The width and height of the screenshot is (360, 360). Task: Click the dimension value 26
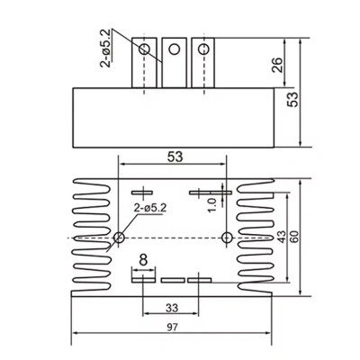pos(277,65)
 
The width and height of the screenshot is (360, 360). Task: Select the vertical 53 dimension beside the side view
pos(292,99)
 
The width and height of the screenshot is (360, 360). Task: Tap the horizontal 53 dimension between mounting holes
pos(175,157)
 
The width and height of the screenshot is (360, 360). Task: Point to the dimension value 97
pos(173,327)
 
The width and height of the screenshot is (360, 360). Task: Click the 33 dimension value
pos(172,308)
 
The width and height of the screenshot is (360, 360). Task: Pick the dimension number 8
pos(144,260)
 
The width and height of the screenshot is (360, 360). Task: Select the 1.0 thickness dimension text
pos(212,205)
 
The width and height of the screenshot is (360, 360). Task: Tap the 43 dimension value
pos(282,237)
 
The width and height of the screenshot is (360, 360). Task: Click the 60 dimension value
pos(294,237)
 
